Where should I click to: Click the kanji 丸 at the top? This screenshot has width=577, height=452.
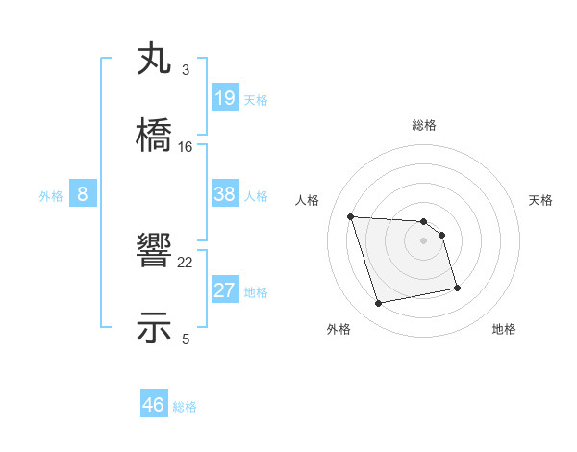[155, 60]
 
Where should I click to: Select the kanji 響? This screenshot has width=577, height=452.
[155, 252]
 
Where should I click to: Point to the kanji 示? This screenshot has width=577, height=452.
[155, 327]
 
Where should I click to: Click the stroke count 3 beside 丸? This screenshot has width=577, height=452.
[185, 70]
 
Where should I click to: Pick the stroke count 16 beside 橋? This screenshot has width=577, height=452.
[185, 146]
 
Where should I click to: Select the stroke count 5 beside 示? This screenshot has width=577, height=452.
[185, 339]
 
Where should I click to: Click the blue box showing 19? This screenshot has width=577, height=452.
[225, 97]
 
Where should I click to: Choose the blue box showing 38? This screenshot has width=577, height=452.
[225, 194]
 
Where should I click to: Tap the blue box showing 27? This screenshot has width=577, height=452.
[225, 290]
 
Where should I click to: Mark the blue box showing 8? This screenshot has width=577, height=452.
[83, 194]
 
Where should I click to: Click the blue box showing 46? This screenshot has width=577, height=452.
[154, 405]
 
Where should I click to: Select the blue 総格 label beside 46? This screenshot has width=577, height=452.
[185, 407]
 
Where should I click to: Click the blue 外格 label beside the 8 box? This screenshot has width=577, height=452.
[51, 196]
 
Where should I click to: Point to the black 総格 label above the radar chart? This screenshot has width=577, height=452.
[424, 125]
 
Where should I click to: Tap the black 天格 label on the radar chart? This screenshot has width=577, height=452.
[541, 200]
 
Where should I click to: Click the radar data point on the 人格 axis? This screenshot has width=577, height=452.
[351, 216]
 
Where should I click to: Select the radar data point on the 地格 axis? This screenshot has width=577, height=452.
[457, 288]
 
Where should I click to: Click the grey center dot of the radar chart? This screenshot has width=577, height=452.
[424, 240]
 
